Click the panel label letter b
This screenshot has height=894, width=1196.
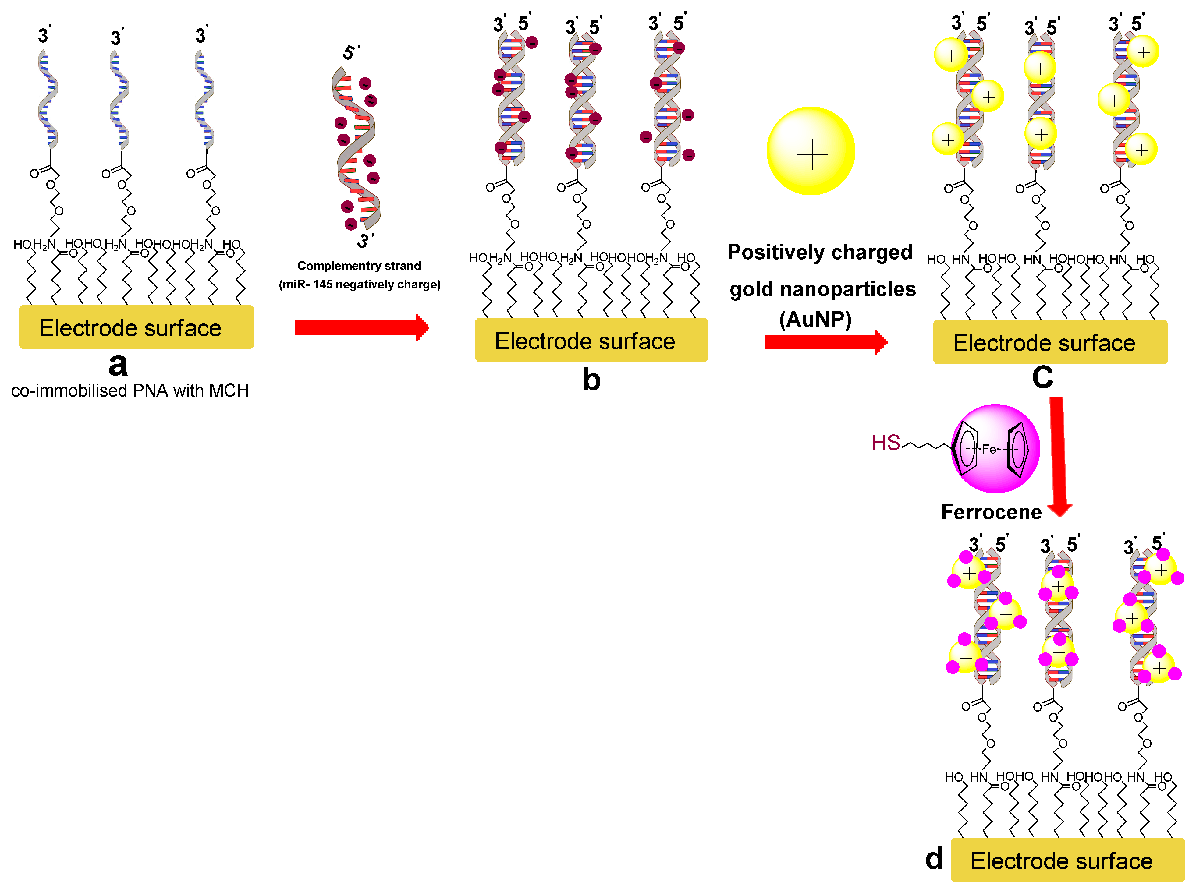pos(591,380)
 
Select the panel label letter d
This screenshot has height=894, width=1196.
pos(934,858)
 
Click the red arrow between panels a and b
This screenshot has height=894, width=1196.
pos(361,327)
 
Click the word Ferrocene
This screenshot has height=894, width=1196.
pos(991,512)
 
